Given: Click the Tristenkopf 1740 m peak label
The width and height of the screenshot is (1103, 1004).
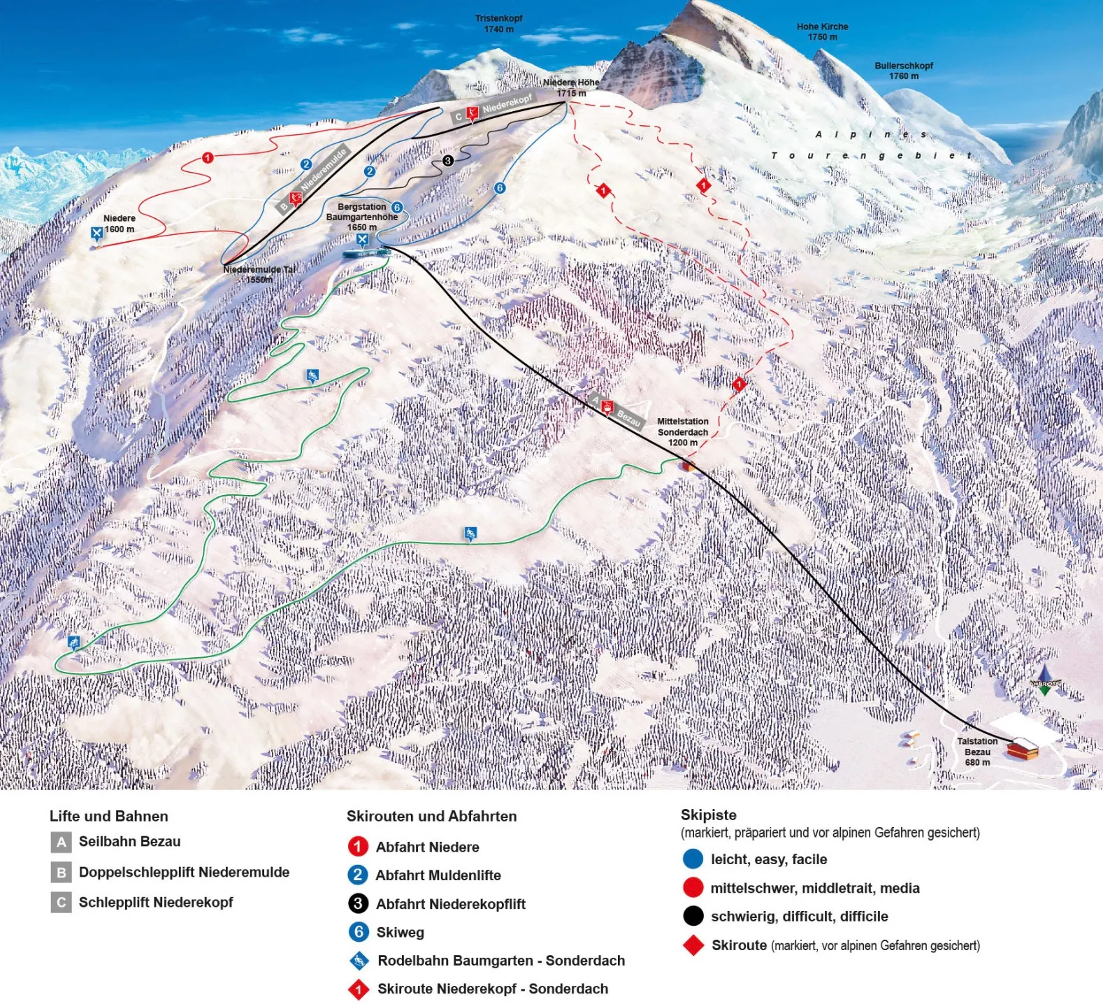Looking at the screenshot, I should point(498,24).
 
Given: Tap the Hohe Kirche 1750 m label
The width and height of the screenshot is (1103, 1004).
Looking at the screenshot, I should point(822,31).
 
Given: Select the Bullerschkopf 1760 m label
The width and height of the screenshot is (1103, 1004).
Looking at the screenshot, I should point(903,71).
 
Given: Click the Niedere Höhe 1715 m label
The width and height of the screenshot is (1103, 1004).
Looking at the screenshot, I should point(571,87).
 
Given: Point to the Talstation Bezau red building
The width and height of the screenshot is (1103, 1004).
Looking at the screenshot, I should point(1022,750).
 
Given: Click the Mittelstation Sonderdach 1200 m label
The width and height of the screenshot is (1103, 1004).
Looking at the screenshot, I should point(682,432).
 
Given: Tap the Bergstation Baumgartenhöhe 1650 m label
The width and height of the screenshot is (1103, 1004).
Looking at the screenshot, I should point(361,217).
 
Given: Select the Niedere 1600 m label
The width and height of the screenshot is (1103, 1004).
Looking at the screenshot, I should point(119,224).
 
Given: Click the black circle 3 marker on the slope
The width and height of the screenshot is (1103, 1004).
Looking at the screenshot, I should point(447,161).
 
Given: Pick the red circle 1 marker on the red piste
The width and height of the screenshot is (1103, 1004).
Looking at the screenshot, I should point(207,158).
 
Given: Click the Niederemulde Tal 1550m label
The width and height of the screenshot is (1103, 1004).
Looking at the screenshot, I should point(259,274).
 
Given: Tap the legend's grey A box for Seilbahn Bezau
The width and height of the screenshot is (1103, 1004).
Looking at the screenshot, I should point(62,842).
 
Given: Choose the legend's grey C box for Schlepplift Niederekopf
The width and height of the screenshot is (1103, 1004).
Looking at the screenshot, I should point(62,903).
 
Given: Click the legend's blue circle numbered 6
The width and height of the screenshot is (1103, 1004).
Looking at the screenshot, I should point(358,932).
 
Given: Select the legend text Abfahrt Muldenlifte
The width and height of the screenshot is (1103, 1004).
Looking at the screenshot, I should point(438,875).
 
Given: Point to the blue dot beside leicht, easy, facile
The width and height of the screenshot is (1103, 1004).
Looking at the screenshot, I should point(693,859).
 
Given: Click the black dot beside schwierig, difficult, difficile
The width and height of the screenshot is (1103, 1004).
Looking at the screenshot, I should point(693,916).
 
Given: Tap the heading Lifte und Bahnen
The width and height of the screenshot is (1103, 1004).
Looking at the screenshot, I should point(108,816).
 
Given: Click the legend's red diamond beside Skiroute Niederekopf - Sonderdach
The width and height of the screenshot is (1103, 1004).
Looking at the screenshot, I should point(358,989).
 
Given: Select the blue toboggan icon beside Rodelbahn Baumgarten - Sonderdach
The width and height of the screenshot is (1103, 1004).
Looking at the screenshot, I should point(359,961).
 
